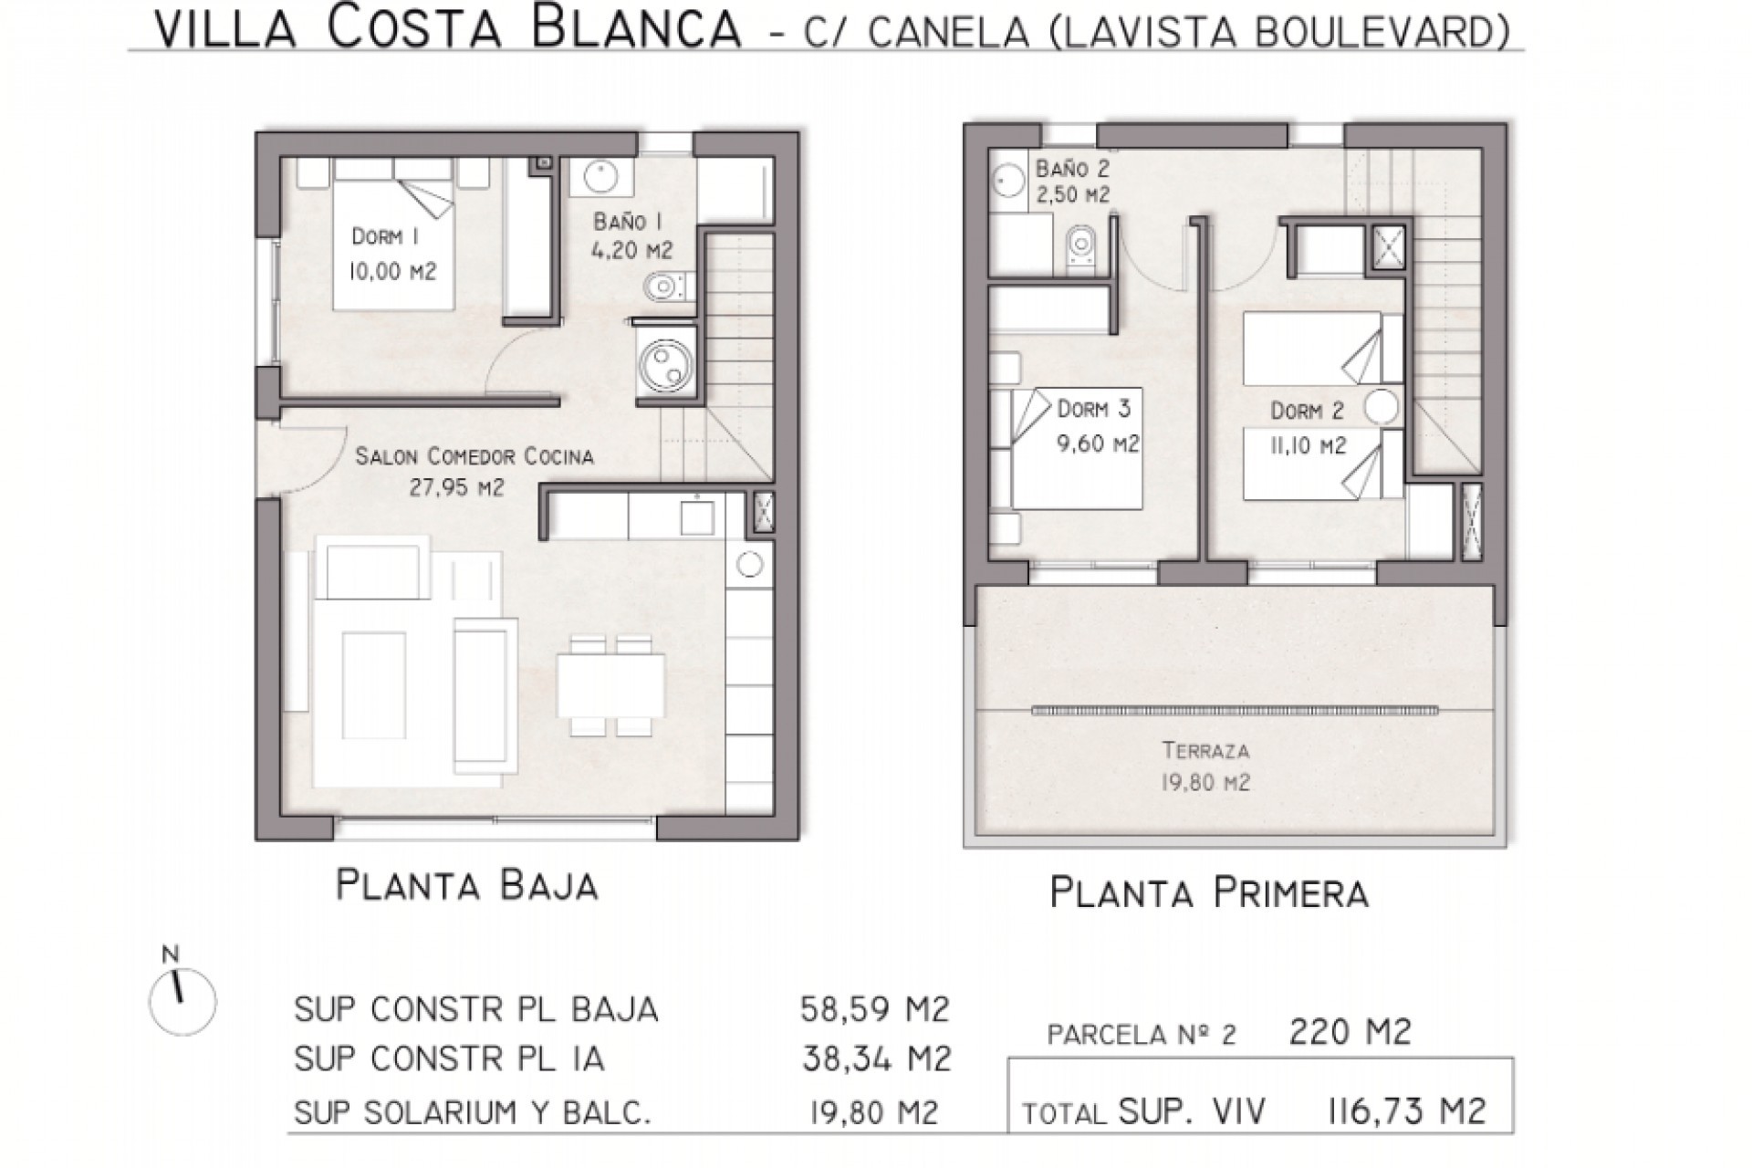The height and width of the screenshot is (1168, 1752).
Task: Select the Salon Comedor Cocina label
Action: (x=474, y=470)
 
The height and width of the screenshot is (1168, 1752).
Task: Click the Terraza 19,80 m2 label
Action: (x=1205, y=766)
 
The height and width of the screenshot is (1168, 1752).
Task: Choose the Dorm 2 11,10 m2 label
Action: (x=1309, y=428)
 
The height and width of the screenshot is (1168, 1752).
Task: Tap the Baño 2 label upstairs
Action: (x=1073, y=181)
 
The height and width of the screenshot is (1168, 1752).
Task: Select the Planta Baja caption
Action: (x=467, y=885)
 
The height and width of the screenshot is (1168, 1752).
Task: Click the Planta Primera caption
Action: (x=1209, y=892)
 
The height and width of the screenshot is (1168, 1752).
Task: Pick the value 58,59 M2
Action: (x=874, y=1009)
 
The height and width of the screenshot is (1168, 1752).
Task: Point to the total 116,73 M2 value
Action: (x=1404, y=1111)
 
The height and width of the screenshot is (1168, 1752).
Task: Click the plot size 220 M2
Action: (x=1350, y=1032)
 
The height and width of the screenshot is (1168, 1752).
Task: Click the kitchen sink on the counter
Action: (x=698, y=516)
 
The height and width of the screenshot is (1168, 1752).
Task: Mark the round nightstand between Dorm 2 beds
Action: (x=1382, y=407)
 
